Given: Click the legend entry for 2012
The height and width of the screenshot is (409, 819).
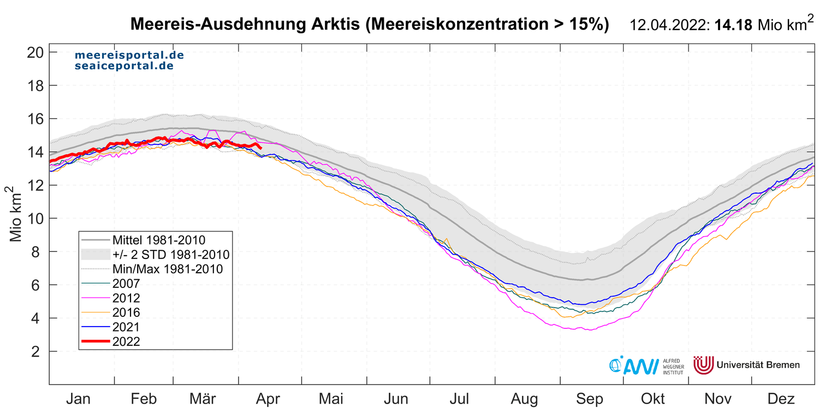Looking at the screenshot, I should point(126,298).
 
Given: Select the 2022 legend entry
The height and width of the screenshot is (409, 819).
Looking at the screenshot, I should point(126,342).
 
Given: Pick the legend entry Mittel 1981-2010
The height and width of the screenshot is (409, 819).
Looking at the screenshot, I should point(158,239).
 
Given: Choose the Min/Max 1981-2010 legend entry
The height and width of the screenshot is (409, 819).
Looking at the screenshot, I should point(167,269).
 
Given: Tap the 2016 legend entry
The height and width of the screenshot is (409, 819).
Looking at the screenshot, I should point(126,312).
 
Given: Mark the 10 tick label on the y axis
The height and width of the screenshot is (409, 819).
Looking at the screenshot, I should point(34,219).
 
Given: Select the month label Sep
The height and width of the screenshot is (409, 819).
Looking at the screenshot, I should point(591,399).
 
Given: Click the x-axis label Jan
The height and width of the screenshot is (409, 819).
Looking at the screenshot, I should point(79,399).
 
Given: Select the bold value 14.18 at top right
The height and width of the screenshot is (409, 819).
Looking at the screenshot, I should point(734,25).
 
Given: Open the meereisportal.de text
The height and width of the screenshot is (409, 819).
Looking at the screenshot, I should point(129,56).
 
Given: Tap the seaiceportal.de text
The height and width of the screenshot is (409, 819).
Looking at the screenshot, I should point(124,66).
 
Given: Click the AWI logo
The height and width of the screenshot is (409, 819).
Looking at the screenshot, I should point(633,365).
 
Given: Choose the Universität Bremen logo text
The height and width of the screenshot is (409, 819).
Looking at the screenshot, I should point(758,365).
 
